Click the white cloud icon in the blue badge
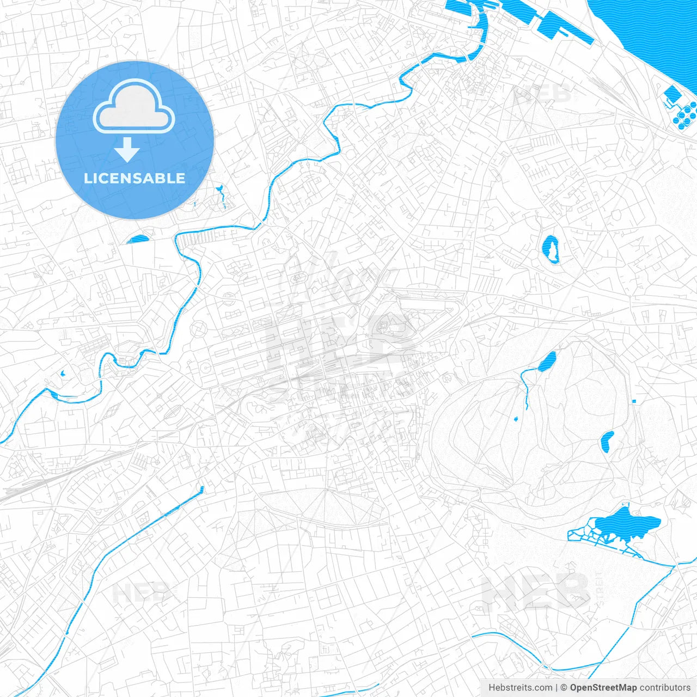[x=134, y=106]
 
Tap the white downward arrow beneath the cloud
[x=127, y=150]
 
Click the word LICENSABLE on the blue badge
[x=134, y=178]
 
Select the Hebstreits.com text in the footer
[x=520, y=688]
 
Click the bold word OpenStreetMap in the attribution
[x=603, y=688]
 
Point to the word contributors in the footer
[x=665, y=688]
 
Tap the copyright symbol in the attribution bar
[x=564, y=688]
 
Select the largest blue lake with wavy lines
[x=626, y=524]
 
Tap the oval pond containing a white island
[x=551, y=249]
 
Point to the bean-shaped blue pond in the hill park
[x=607, y=442]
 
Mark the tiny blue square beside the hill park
[x=634, y=402]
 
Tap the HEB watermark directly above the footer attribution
[x=536, y=591]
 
